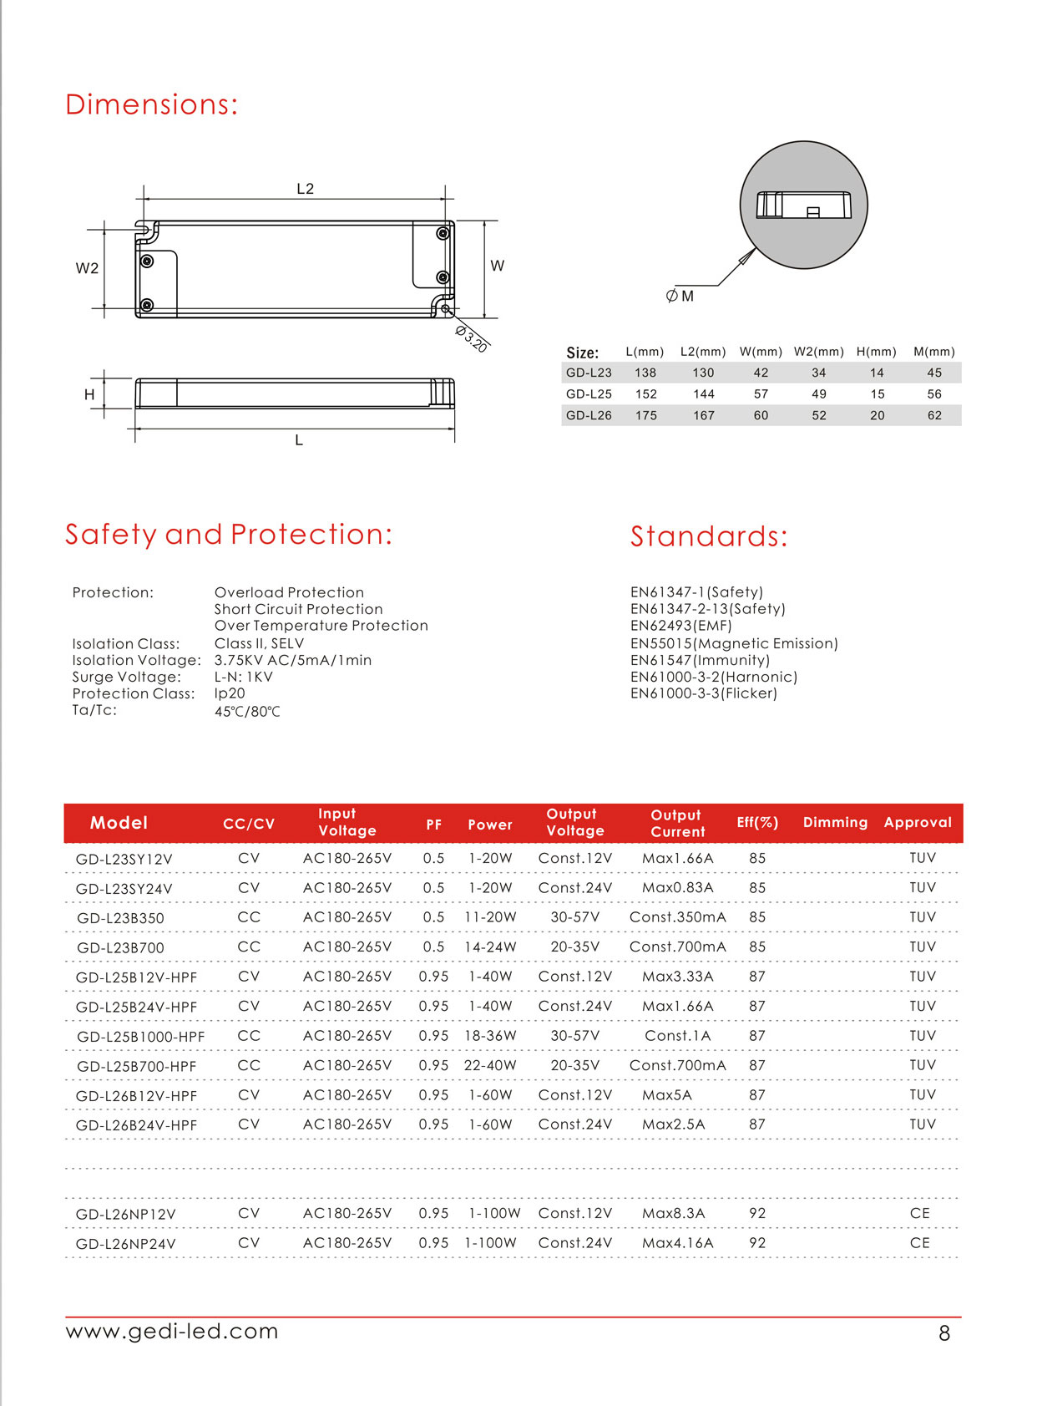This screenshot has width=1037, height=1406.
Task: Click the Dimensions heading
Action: tap(151, 104)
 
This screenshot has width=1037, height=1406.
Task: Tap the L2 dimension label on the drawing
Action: tap(306, 189)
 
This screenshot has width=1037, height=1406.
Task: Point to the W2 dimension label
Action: tap(87, 268)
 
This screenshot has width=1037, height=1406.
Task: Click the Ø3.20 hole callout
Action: tap(471, 338)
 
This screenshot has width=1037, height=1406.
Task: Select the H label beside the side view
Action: tap(89, 394)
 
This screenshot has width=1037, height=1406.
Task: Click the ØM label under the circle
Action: tap(680, 296)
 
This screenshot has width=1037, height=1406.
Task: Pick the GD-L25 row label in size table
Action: tap(589, 394)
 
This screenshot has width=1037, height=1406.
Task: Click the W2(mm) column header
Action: tap(818, 352)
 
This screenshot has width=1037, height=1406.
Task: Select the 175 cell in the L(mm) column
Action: tap(646, 415)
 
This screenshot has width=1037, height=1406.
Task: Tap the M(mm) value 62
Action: tap(934, 415)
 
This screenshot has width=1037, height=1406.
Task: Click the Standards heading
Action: tap(708, 536)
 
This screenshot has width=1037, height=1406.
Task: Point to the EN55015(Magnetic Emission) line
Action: tap(734, 643)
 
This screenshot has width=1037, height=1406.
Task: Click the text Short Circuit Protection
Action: tap(298, 609)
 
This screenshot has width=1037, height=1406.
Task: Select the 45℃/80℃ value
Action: tap(247, 712)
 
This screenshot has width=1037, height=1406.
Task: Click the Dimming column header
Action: tap(835, 822)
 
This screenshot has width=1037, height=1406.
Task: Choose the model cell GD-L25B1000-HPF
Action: tap(140, 1037)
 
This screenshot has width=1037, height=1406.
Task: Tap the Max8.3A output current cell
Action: tap(673, 1213)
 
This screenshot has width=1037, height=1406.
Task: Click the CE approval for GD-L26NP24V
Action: tap(919, 1243)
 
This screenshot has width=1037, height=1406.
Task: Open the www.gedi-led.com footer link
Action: tap(172, 1331)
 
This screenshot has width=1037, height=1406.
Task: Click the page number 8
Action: tap(944, 1333)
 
